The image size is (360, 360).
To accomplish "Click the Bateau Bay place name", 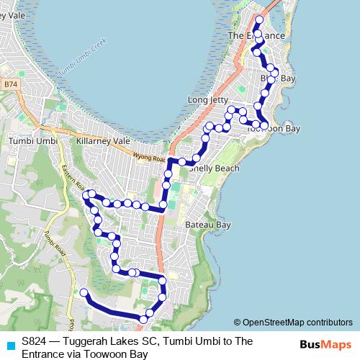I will pyautogui.click(x=207, y=225).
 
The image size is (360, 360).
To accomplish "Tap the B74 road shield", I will pyautogui.click(x=9, y=84).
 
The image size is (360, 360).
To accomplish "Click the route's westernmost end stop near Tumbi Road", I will pyautogui.click(x=84, y=292).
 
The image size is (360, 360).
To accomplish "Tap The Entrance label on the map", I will pyautogui.click(x=256, y=35).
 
